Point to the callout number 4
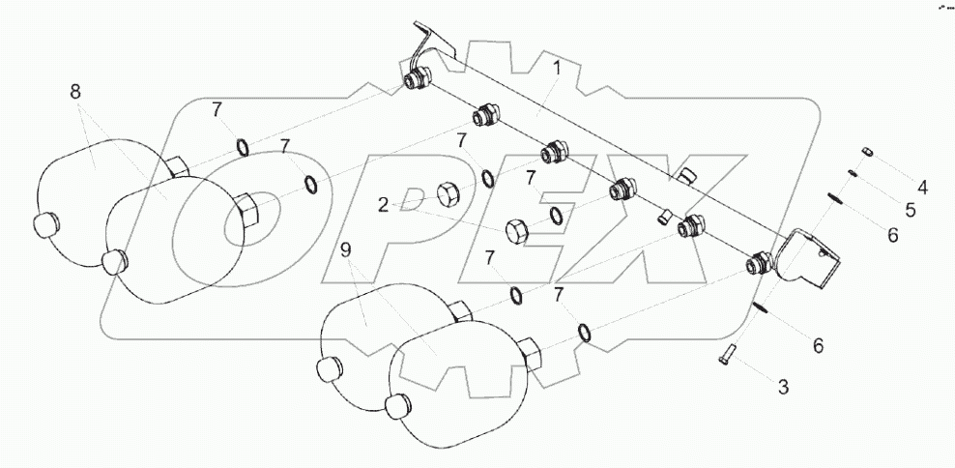922,187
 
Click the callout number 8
75,93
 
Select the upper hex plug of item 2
449,193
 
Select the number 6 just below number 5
892,233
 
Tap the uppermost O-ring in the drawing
243,147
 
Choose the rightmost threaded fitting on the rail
759,263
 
